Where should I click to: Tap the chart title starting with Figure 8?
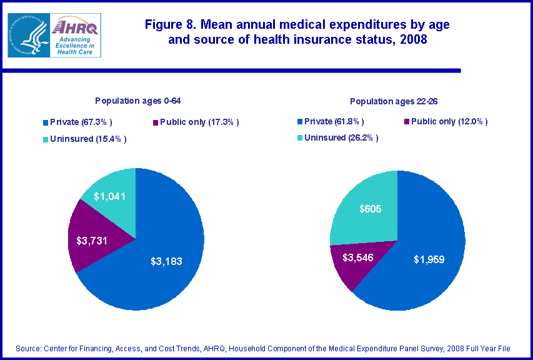296,32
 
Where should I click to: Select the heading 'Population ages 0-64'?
137,100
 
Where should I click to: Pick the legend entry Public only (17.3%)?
196,121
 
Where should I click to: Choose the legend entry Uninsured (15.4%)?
85,139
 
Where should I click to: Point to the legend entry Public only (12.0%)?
446,121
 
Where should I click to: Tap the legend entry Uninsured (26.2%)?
337,137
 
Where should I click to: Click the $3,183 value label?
166,261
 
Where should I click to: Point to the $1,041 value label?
110,196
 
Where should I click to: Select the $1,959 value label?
429,259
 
